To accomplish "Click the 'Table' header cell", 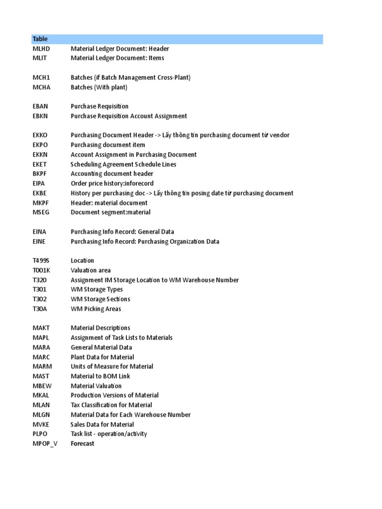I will click(40, 39).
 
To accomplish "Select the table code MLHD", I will click(41, 49).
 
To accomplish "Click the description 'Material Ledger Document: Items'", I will click(117, 58).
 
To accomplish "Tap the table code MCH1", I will click(41, 78).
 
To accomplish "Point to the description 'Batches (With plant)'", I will click(99, 87).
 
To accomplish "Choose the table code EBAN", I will click(41, 106).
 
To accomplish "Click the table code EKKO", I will click(41, 135).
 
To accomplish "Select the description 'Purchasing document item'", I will click(108, 145).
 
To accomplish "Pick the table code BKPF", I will click(41, 174).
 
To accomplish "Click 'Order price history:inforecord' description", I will click(112, 183).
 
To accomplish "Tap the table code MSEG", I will click(41, 212).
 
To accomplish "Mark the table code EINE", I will click(40, 242).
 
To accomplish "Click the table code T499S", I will click(42, 260).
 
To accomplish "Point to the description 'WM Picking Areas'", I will click(96, 309).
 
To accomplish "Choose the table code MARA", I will click(42, 347).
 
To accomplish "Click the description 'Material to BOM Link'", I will click(100, 376).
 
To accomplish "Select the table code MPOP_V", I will click(45, 444).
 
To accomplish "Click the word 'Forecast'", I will click(83, 444).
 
